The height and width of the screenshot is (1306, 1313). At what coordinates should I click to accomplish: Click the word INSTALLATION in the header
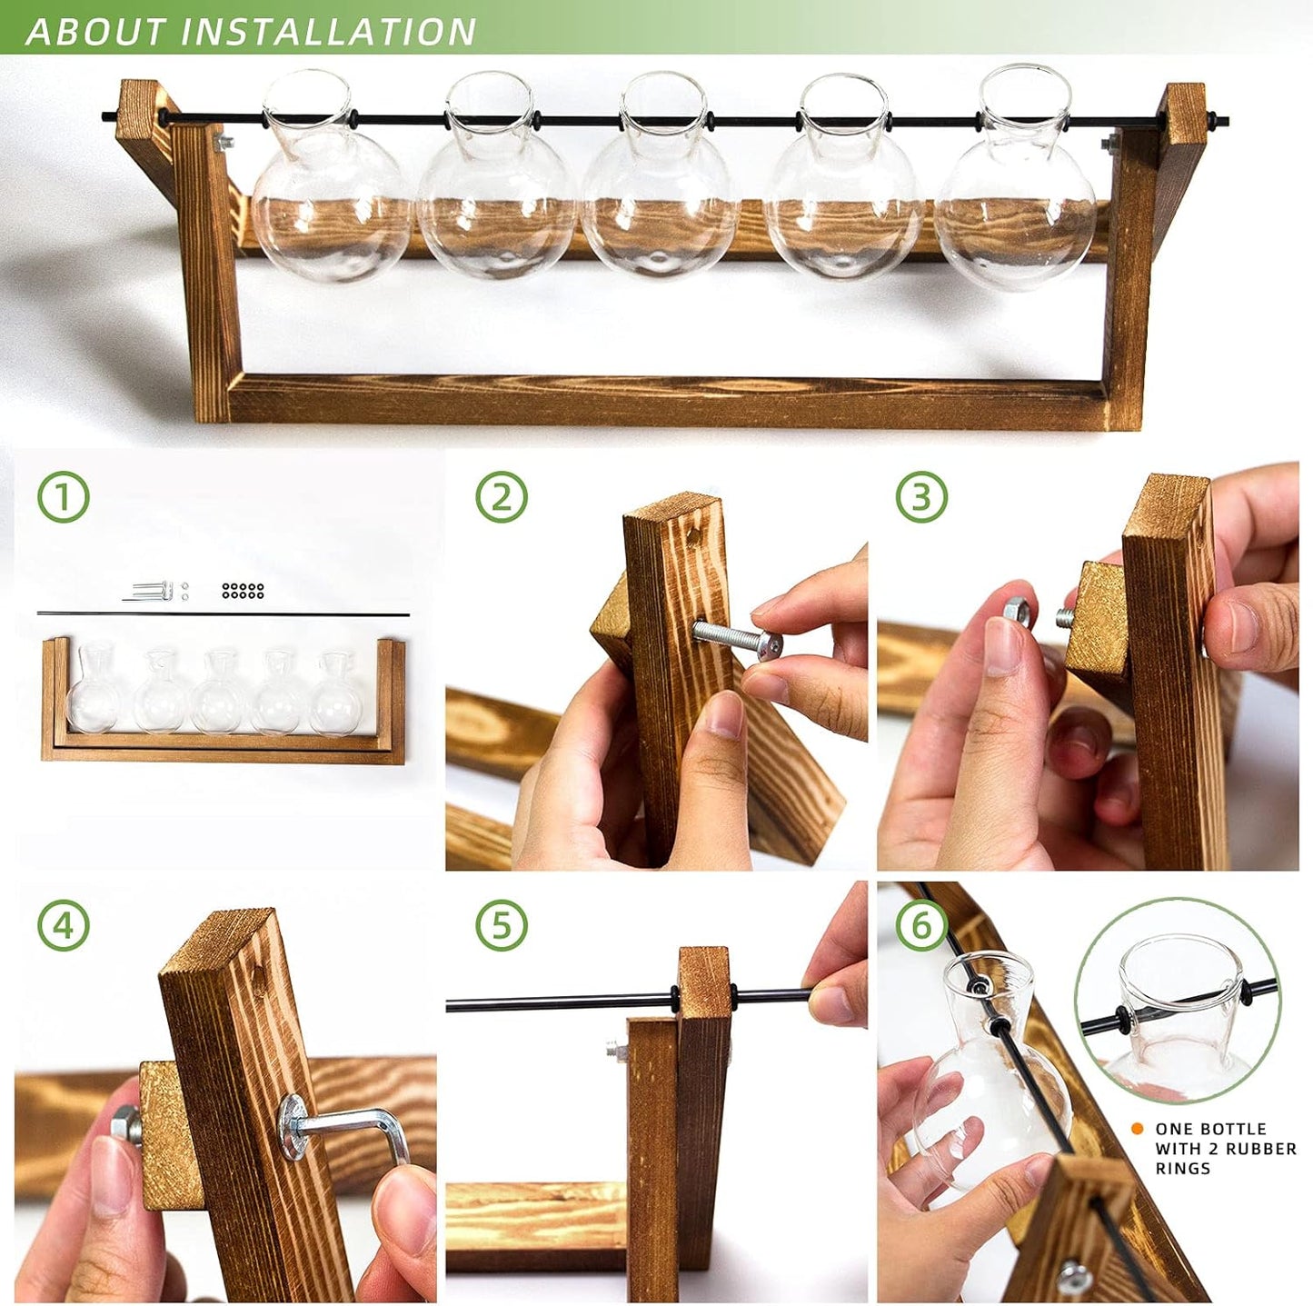click(x=329, y=32)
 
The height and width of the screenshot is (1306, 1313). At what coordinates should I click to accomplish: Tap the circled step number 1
click(x=64, y=497)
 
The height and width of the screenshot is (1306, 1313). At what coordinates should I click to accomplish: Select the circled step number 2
click(x=502, y=497)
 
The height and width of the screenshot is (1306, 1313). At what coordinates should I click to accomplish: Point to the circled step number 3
click(x=920, y=497)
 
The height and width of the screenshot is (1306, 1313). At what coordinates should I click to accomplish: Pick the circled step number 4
click(x=64, y=925)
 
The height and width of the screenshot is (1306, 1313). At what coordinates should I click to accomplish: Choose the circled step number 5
click(x=502, y=925)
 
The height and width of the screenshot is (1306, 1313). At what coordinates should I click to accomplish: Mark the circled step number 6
click(x=920, y=925)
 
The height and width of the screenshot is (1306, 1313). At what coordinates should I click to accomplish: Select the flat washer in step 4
click(x=293, y=1127)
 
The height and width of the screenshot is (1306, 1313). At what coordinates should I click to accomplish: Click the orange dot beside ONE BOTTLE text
click(x=1137, y=1129)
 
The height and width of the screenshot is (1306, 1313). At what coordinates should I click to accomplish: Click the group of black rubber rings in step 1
click(x=243, y=591)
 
